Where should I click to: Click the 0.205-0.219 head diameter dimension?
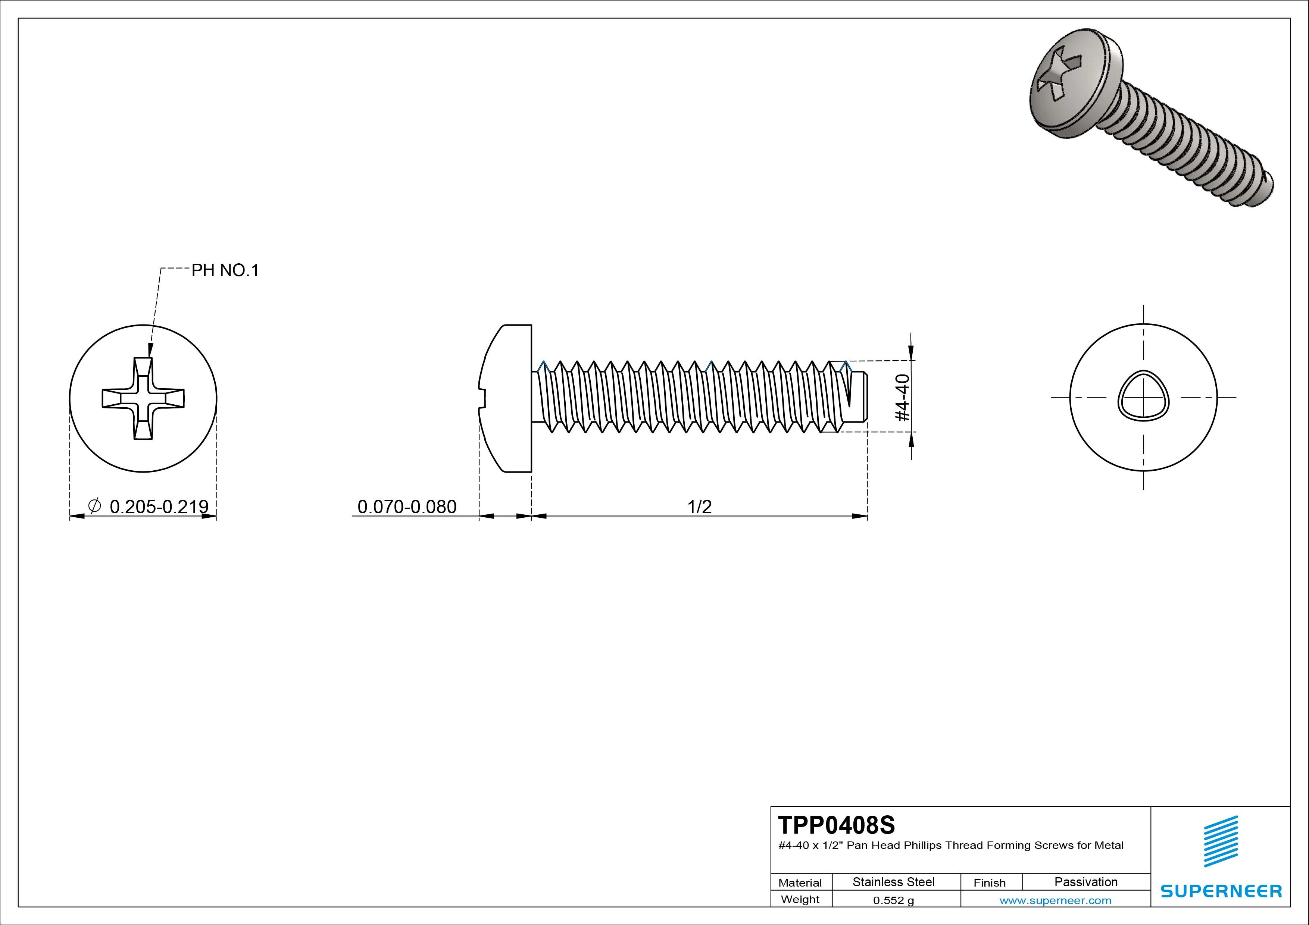coord(159,506)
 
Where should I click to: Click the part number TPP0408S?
coord(836,825)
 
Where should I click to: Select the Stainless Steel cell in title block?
coord(893,882)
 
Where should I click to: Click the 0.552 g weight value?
coord(893,900)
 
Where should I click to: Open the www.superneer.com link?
coord(1055,900)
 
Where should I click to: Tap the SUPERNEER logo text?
coord(1221,891)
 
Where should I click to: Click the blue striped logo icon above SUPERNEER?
coord(1220,841)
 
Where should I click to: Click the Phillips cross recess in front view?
coord(143,398)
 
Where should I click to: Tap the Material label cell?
coord(800,883)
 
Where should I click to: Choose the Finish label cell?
coord(989,883)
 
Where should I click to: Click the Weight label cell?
coord(800,899)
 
